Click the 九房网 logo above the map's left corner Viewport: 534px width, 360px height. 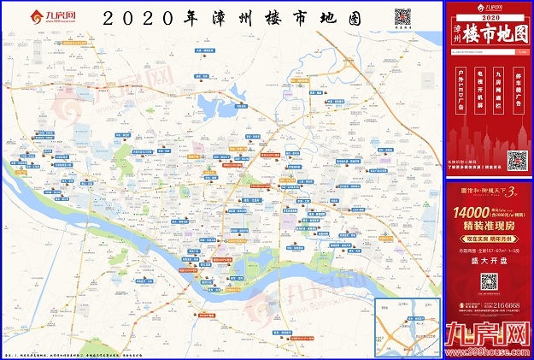[49, 16]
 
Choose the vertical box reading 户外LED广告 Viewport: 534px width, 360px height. [459, 91]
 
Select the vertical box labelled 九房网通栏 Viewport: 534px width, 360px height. [499, 91]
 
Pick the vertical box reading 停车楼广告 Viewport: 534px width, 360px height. [519, 91]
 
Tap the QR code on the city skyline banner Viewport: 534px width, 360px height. [516, 160]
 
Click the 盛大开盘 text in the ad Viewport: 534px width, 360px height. [489, 263]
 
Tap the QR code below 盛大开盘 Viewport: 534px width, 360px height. [489, 282]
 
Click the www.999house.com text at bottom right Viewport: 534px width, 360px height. [488, 351]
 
